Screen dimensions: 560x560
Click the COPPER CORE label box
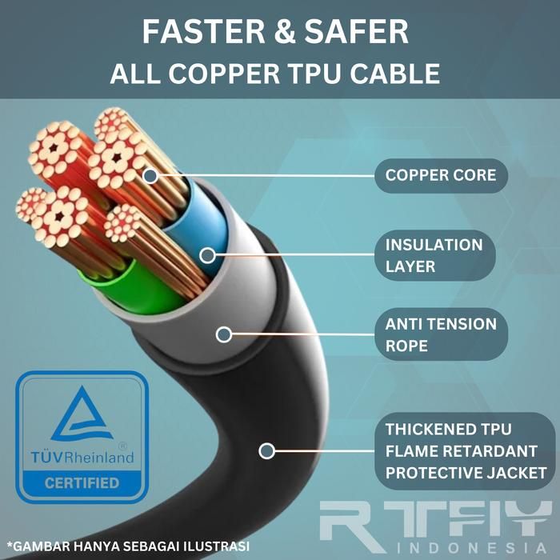[441, 175]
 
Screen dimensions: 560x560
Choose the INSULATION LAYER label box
[434, 255]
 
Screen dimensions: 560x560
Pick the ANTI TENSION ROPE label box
[441, 335]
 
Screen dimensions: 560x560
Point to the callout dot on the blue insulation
[208, 255]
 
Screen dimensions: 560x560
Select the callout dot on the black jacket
[267, 451]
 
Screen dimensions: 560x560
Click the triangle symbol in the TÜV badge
[82, 414]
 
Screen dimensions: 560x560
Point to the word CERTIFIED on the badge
[82, 483]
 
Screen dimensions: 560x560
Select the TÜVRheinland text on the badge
[82, 457]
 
